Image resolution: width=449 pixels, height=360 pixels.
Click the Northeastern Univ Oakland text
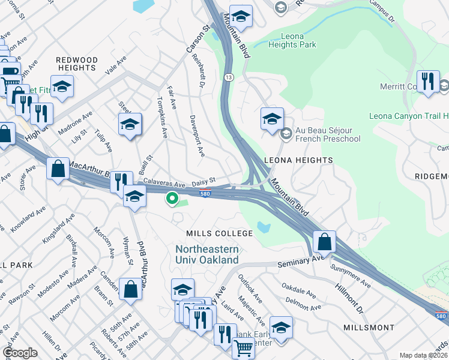207,254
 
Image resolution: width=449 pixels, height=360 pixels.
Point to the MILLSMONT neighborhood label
369,328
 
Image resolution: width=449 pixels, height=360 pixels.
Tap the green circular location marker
172,197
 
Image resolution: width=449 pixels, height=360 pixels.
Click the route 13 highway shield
229,77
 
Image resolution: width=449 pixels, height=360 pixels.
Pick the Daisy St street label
203,184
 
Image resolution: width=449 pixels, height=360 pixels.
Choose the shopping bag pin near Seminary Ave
324,242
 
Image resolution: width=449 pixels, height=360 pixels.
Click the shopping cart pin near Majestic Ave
243,348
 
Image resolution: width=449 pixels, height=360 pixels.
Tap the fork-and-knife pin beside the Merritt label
427,82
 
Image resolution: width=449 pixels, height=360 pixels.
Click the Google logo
20,353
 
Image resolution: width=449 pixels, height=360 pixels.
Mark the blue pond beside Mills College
262,227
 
